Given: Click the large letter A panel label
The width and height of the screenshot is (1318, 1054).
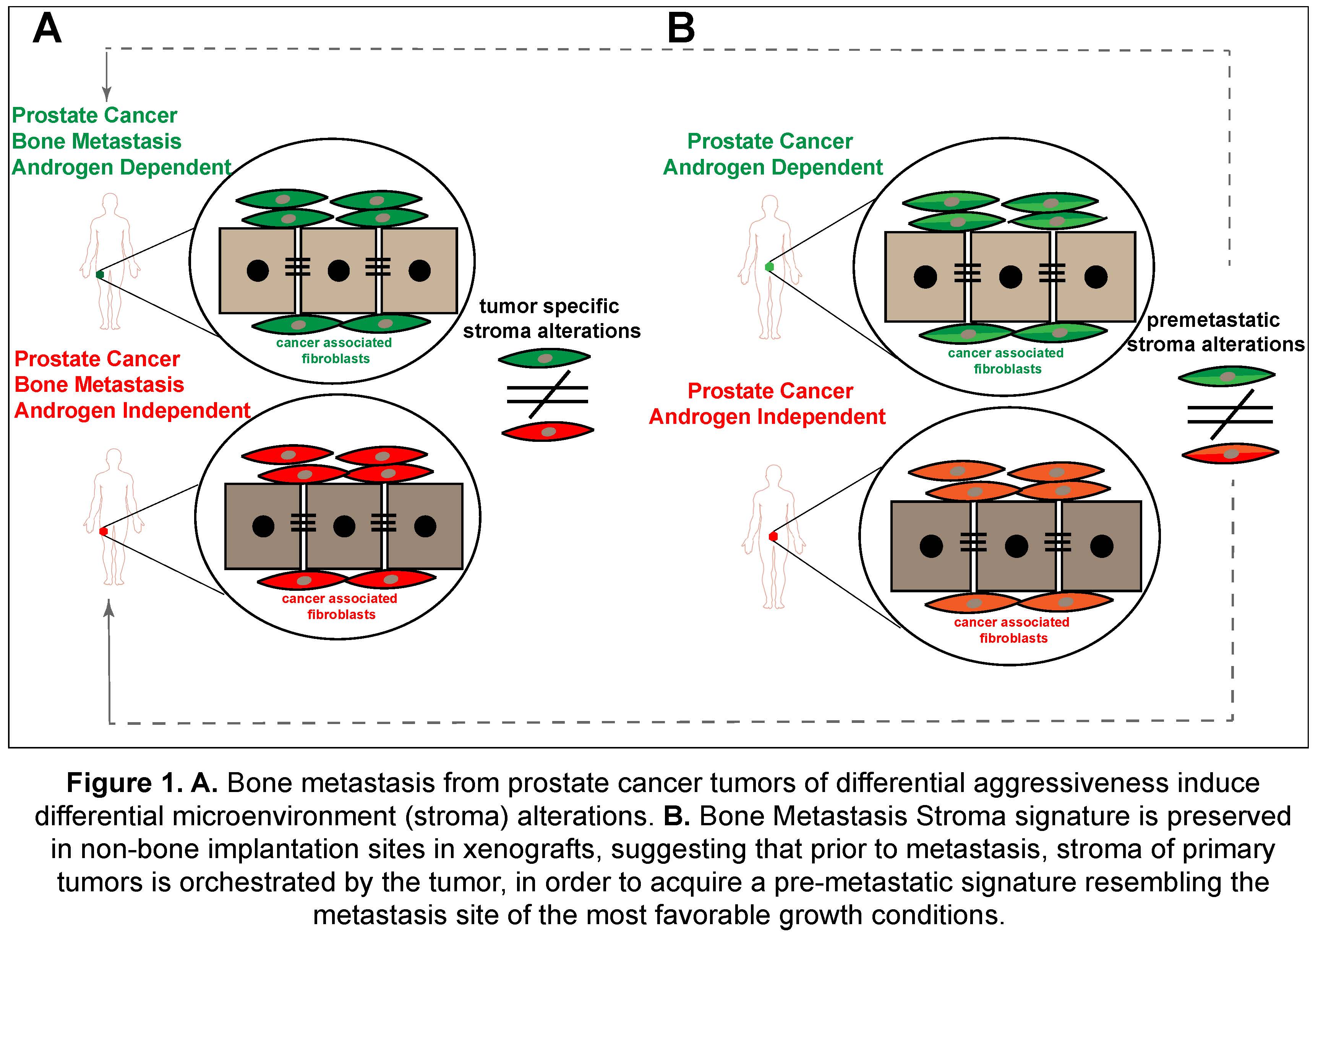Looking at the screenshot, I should (47, 29).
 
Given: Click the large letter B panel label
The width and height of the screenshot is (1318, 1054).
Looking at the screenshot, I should (680, 29).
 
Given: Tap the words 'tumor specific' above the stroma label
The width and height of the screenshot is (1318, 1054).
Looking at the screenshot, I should (549, 306).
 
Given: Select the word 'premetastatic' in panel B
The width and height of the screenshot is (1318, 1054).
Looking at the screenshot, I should (1213, 320).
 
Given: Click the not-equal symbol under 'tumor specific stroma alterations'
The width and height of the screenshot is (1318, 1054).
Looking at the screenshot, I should (548, 394).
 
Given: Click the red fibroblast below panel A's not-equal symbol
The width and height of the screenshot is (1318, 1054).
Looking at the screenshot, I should (548, 432).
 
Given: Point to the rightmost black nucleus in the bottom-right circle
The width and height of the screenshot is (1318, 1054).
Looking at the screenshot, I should (1102, 546).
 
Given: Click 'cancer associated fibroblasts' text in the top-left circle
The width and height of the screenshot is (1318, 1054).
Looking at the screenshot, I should (334, 351).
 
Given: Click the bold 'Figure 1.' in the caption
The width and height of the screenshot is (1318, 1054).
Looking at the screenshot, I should (125, 783).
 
